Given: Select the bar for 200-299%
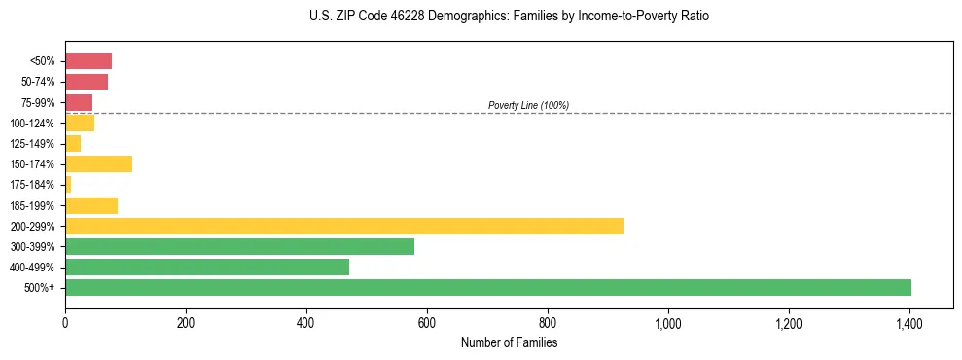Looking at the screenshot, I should [x=344, y=226].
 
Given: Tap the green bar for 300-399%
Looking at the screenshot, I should [x=239, y=246].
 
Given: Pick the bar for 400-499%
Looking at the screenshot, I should [x=207, y=267].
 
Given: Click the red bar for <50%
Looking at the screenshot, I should [x=89, y=61].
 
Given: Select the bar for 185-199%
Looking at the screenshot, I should [x=91, y=205].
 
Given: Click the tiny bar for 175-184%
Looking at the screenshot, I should [x=68, y=185].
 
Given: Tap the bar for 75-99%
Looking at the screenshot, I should [x=79, y=102].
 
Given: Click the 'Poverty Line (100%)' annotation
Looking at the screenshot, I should [x=528, y=105].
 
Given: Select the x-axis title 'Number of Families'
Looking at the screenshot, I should [x=509, y=342].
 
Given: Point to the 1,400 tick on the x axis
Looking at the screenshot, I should [x=909, y=322].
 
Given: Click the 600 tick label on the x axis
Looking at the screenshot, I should [x=427, y=322].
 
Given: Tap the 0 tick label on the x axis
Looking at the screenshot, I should [x=65, y=322].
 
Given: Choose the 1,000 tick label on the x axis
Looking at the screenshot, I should [x=668, y=322].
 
